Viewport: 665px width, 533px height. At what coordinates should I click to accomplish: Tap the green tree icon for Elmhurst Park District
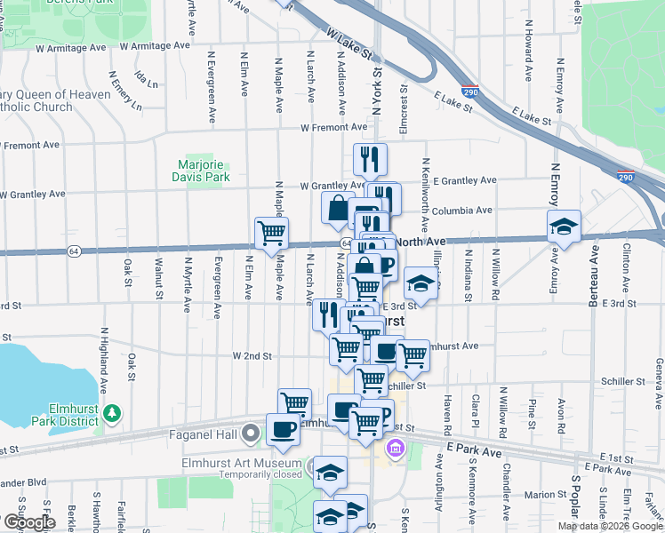click(x=112, y=412)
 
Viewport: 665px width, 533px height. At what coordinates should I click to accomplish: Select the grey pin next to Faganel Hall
click(x=252, y=434)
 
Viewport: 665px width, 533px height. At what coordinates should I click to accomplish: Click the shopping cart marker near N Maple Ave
click(x=271, y=233)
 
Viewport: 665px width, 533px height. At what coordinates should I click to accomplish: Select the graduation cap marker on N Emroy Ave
click(x=564, y=227)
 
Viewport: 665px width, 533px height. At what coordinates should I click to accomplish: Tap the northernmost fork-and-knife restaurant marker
click(x=370, y=159)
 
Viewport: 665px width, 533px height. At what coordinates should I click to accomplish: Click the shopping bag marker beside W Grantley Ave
click(x=339, y=208)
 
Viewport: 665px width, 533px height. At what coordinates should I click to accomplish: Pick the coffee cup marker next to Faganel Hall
click(x=284, y=429)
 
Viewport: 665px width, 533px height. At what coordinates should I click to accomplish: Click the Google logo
click(x=29, y=521)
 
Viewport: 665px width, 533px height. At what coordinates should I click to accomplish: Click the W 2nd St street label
click(x=252, y=355)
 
